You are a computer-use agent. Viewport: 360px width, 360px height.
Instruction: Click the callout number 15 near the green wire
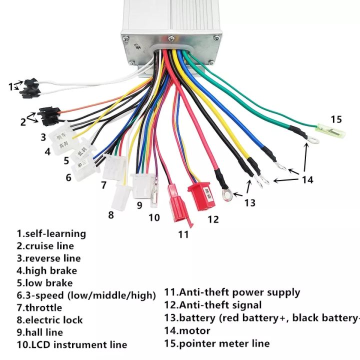pos(336,119)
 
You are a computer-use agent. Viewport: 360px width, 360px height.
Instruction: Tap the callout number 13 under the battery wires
pos(249,202)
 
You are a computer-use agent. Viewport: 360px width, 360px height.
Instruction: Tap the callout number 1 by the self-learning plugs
pos(10,86)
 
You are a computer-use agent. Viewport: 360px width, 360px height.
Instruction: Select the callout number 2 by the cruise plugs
pos(23,120)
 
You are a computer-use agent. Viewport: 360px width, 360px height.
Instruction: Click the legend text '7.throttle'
pos(39,307)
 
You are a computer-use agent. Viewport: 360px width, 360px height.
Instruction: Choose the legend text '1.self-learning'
pos(51,233)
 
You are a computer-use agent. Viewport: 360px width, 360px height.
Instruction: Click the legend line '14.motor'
pos(187,330)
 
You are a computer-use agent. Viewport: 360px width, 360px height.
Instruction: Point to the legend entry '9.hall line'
pos(39,332)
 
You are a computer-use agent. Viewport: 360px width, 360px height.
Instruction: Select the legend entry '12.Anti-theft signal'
pos(213,305)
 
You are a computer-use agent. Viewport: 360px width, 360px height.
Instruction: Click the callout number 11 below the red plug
pos(184,233)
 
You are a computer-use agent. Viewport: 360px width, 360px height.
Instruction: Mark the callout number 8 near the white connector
pos(111,215)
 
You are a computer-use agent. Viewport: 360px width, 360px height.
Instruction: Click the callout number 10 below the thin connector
pos(154,217)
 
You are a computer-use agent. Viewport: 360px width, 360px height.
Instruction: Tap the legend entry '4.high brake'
pos(46,270)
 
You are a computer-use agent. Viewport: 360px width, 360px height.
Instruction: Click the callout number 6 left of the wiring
pos(68,177)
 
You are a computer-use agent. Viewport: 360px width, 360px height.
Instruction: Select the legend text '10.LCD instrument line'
pos(72,344)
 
